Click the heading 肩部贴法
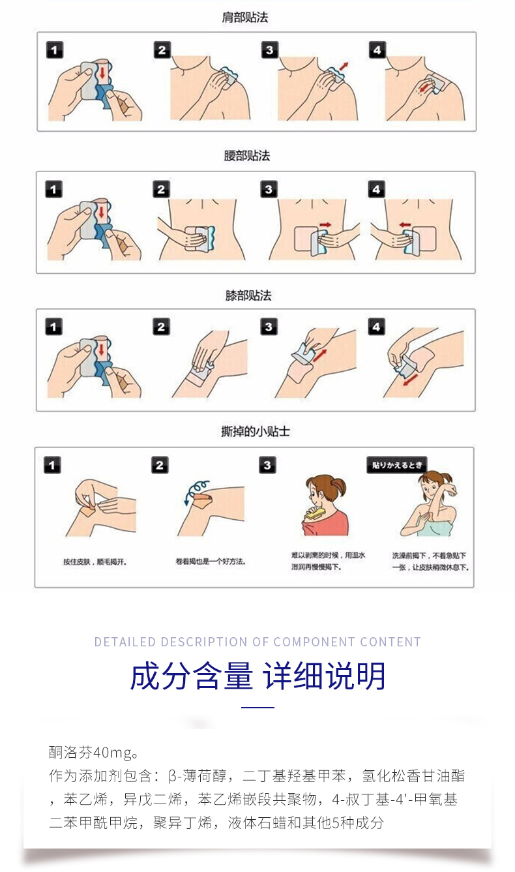pos(245,18)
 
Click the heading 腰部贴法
pos(247,156)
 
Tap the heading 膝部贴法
pos(248,295)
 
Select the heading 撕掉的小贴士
pos(255,431)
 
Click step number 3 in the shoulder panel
pos(269,50)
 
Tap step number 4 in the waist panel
pos(376,189)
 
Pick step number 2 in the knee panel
pos(161,327)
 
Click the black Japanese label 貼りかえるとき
pos(397,465)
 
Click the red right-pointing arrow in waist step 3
pos(325,224)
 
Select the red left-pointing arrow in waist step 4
pos(405,224)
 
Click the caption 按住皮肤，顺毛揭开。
pos(95,562)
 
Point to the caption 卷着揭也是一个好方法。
pos(211,562)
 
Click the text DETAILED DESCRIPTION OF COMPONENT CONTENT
pos(257,642)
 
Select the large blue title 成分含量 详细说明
pos(257,676)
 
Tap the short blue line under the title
pos(257,708)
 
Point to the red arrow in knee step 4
pos(411,380)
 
